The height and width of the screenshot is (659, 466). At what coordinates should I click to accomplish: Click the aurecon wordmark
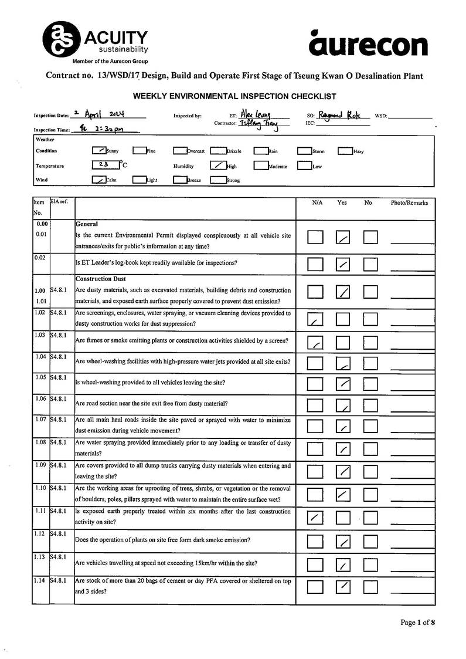(368, 45)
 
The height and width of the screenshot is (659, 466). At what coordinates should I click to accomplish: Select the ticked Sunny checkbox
(99, 150)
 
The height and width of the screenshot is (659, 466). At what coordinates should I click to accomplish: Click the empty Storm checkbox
(304, 151)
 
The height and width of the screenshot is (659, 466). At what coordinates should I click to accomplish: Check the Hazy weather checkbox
(345, 151)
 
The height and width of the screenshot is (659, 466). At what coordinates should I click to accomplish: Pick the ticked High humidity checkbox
(217, 165)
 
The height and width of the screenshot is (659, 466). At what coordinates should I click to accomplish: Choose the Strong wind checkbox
(217, 180)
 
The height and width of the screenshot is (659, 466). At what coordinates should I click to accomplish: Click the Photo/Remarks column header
(409, 203)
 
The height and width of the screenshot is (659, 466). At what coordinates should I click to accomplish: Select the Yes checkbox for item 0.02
(343, 265)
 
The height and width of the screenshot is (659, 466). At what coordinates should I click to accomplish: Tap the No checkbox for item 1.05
(370, 384)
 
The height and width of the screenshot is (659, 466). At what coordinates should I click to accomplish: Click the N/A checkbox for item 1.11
(315, 517)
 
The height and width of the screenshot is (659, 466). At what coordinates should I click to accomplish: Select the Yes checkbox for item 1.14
(343, 586)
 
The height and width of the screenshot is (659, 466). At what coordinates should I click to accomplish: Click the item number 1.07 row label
(40, 420)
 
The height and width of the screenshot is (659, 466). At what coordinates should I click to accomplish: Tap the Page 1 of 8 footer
(418, 623)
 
